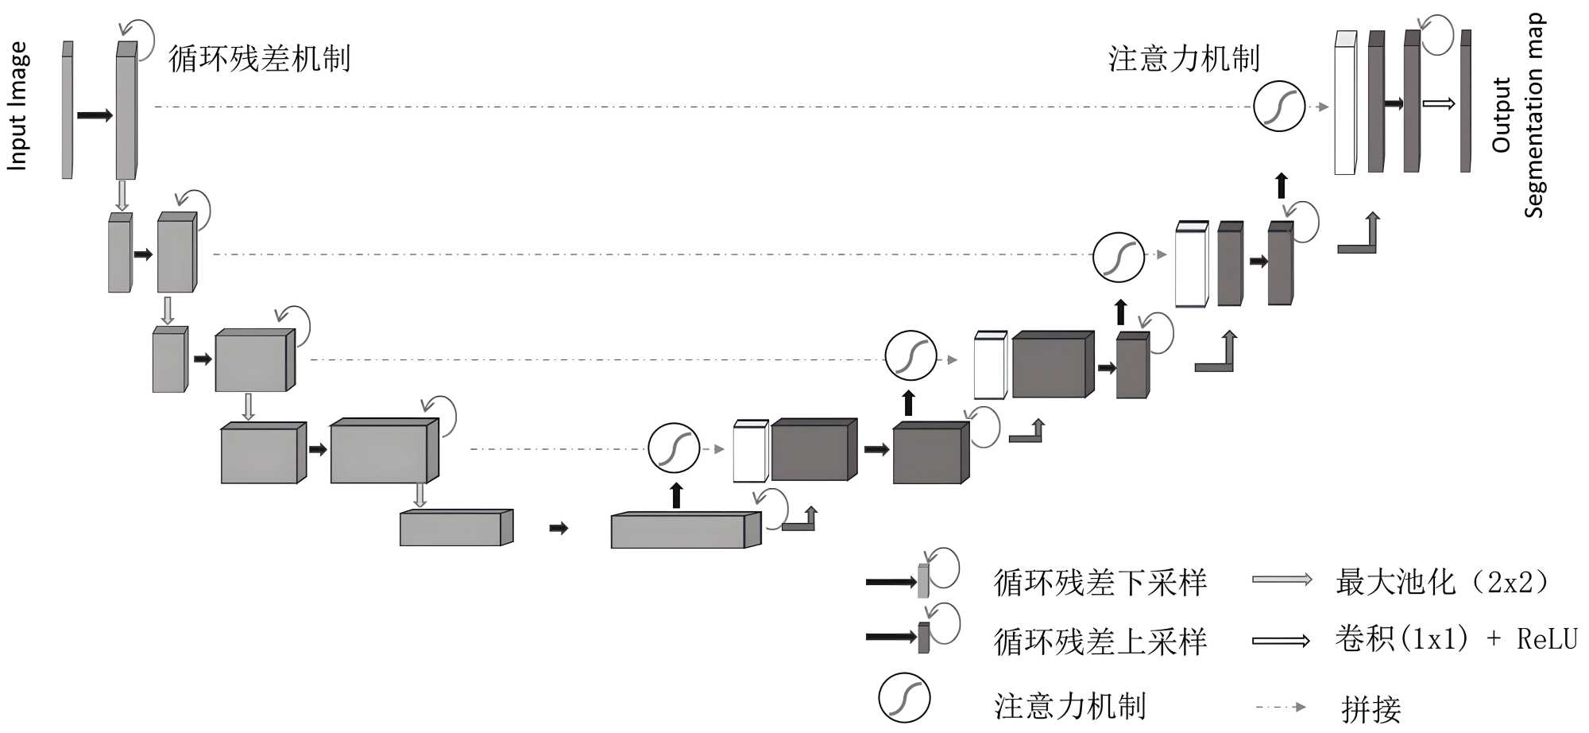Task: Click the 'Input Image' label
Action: [x=17, y=106]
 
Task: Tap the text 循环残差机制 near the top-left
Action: [x=259, y=59]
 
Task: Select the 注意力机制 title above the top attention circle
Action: [x=1184, y=59]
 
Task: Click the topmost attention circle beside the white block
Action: [x=1279, y=107]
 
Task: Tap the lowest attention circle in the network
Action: [x=674, y=448]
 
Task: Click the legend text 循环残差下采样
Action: [x=1100, y=583]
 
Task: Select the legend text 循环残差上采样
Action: [x=1100, y=641]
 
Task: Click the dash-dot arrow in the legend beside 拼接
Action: [x=1280, y=707]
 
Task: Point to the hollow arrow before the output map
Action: [x=1438, y=103]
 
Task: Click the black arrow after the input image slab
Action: [x=95, y=116]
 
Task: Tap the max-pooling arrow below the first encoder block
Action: [x=122, y=195]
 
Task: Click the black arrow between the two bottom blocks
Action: [x=559, y=528]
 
